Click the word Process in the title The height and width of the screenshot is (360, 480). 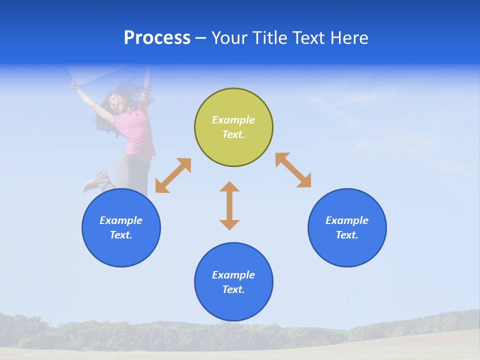pyautogui.click(x=157, y=38)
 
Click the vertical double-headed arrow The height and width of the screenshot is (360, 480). pyautogui.click(x=229, y=205)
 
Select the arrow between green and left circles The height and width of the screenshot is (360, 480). pyautogui.click(x=173, y=175)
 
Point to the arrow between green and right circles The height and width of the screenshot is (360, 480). pyautogui.click(x=293, y=170)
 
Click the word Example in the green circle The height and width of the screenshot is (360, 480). pyautogui.click(x=233, y=120)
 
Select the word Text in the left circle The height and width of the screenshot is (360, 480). pyautogui.click(x=121, y=235)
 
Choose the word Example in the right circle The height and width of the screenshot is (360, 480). pyautogui.click(x=347, y=220)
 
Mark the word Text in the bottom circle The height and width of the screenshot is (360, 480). pyautogui.click(x=233, y=289)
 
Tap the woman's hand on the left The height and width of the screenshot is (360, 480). pyautogui.click(x=75, y=85)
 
